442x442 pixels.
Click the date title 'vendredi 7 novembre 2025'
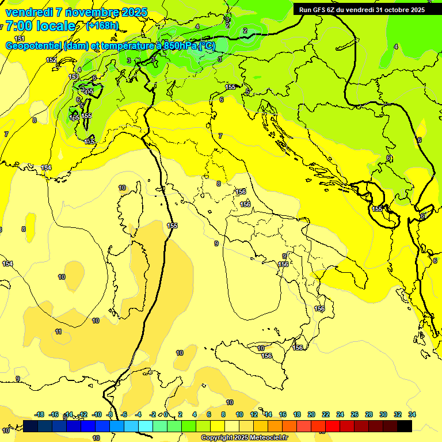point(76,12)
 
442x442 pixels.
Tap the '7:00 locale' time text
point(41,26)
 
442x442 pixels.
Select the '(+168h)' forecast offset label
point(102,26)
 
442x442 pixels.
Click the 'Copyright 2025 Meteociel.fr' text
point(244,438)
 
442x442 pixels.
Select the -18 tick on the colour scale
point(40,414)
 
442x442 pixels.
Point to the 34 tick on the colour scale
point(411,414)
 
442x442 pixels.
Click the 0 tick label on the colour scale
point(166,414)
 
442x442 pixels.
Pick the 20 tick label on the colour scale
point(311,414)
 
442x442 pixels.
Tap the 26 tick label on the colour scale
point(355,414)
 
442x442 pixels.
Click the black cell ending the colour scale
point(405,426)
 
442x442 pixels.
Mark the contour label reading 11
point(58,331)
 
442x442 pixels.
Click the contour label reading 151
point(20,38)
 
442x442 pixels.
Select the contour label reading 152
point(51,60)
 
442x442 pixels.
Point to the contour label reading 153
point(74,77)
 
